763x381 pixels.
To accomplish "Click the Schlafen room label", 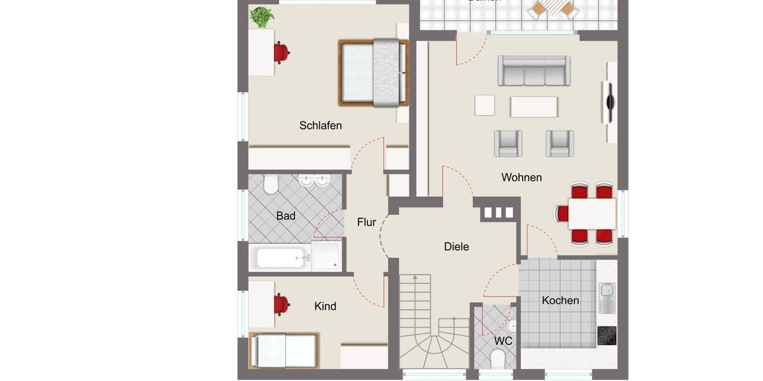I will point(320,126).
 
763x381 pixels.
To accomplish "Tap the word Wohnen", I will point(521,177).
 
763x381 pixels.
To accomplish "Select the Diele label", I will point(457,246).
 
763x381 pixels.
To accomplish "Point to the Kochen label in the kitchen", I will point(560,300).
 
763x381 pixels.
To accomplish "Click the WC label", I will point(504,341).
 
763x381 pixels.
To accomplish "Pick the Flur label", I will point(366,222).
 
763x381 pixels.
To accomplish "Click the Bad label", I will point(285,216).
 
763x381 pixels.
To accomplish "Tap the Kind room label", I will point(325,306).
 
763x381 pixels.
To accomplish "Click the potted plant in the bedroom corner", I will point(261,17).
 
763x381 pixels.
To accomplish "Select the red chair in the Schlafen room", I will point(281,53).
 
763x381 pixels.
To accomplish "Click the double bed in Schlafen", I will point(373,72).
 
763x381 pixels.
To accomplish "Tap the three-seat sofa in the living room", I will point(533,71).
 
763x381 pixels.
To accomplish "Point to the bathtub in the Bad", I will point(280,258).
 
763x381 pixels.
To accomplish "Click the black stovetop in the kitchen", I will point(607,335).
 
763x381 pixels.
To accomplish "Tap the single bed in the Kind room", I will point(284,350).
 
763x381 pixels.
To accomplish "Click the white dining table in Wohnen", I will point(592,213).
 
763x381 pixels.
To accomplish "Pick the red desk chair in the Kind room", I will point(281,305).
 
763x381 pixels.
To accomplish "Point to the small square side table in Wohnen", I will point(485,105).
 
